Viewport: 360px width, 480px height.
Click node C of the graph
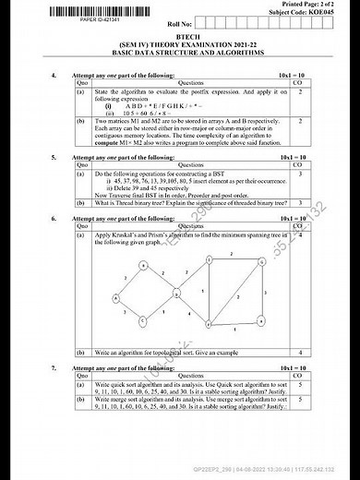coord(144,320)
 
